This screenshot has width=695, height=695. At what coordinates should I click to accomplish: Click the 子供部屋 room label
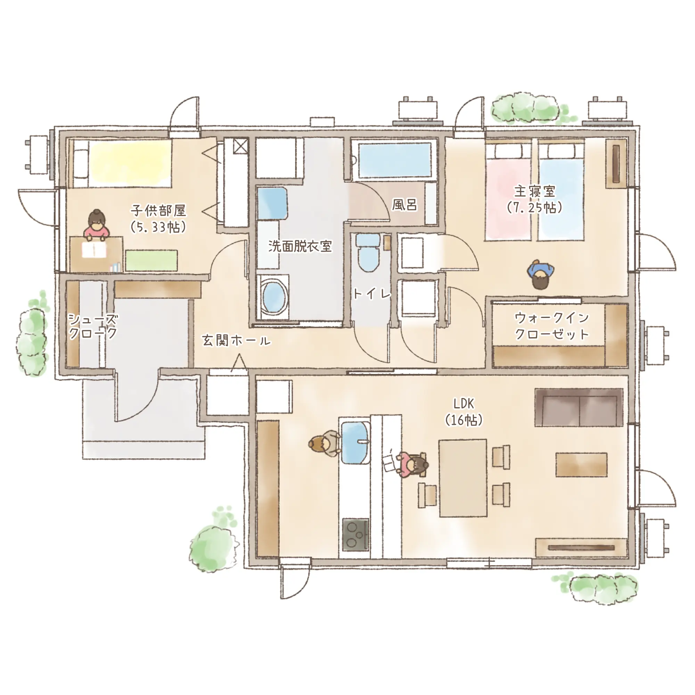158,211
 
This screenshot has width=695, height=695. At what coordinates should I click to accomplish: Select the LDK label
464,404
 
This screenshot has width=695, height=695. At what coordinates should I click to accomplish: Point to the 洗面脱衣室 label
300,246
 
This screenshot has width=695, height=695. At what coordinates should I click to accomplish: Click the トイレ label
371,294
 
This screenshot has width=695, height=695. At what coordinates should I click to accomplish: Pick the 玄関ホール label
236,340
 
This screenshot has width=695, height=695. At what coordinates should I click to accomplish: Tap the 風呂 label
405,205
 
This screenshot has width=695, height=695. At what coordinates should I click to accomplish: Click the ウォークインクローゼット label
552,326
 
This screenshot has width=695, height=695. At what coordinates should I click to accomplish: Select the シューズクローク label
93,326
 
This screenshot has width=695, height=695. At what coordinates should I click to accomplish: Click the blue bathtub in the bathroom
395,160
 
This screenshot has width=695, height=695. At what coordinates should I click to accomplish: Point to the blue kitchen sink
355,442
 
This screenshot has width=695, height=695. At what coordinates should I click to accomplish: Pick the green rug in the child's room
152,260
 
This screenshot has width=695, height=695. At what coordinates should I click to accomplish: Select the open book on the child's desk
94,250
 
